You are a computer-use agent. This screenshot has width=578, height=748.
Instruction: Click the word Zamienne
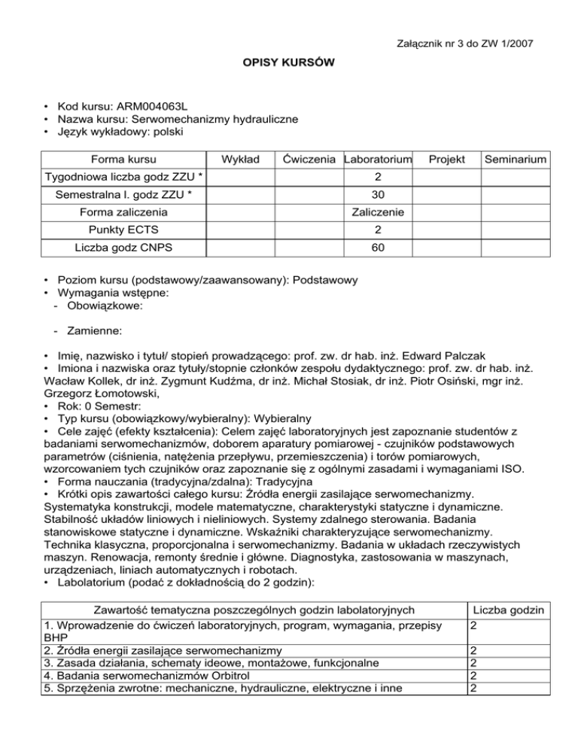(x=93, y=330)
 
